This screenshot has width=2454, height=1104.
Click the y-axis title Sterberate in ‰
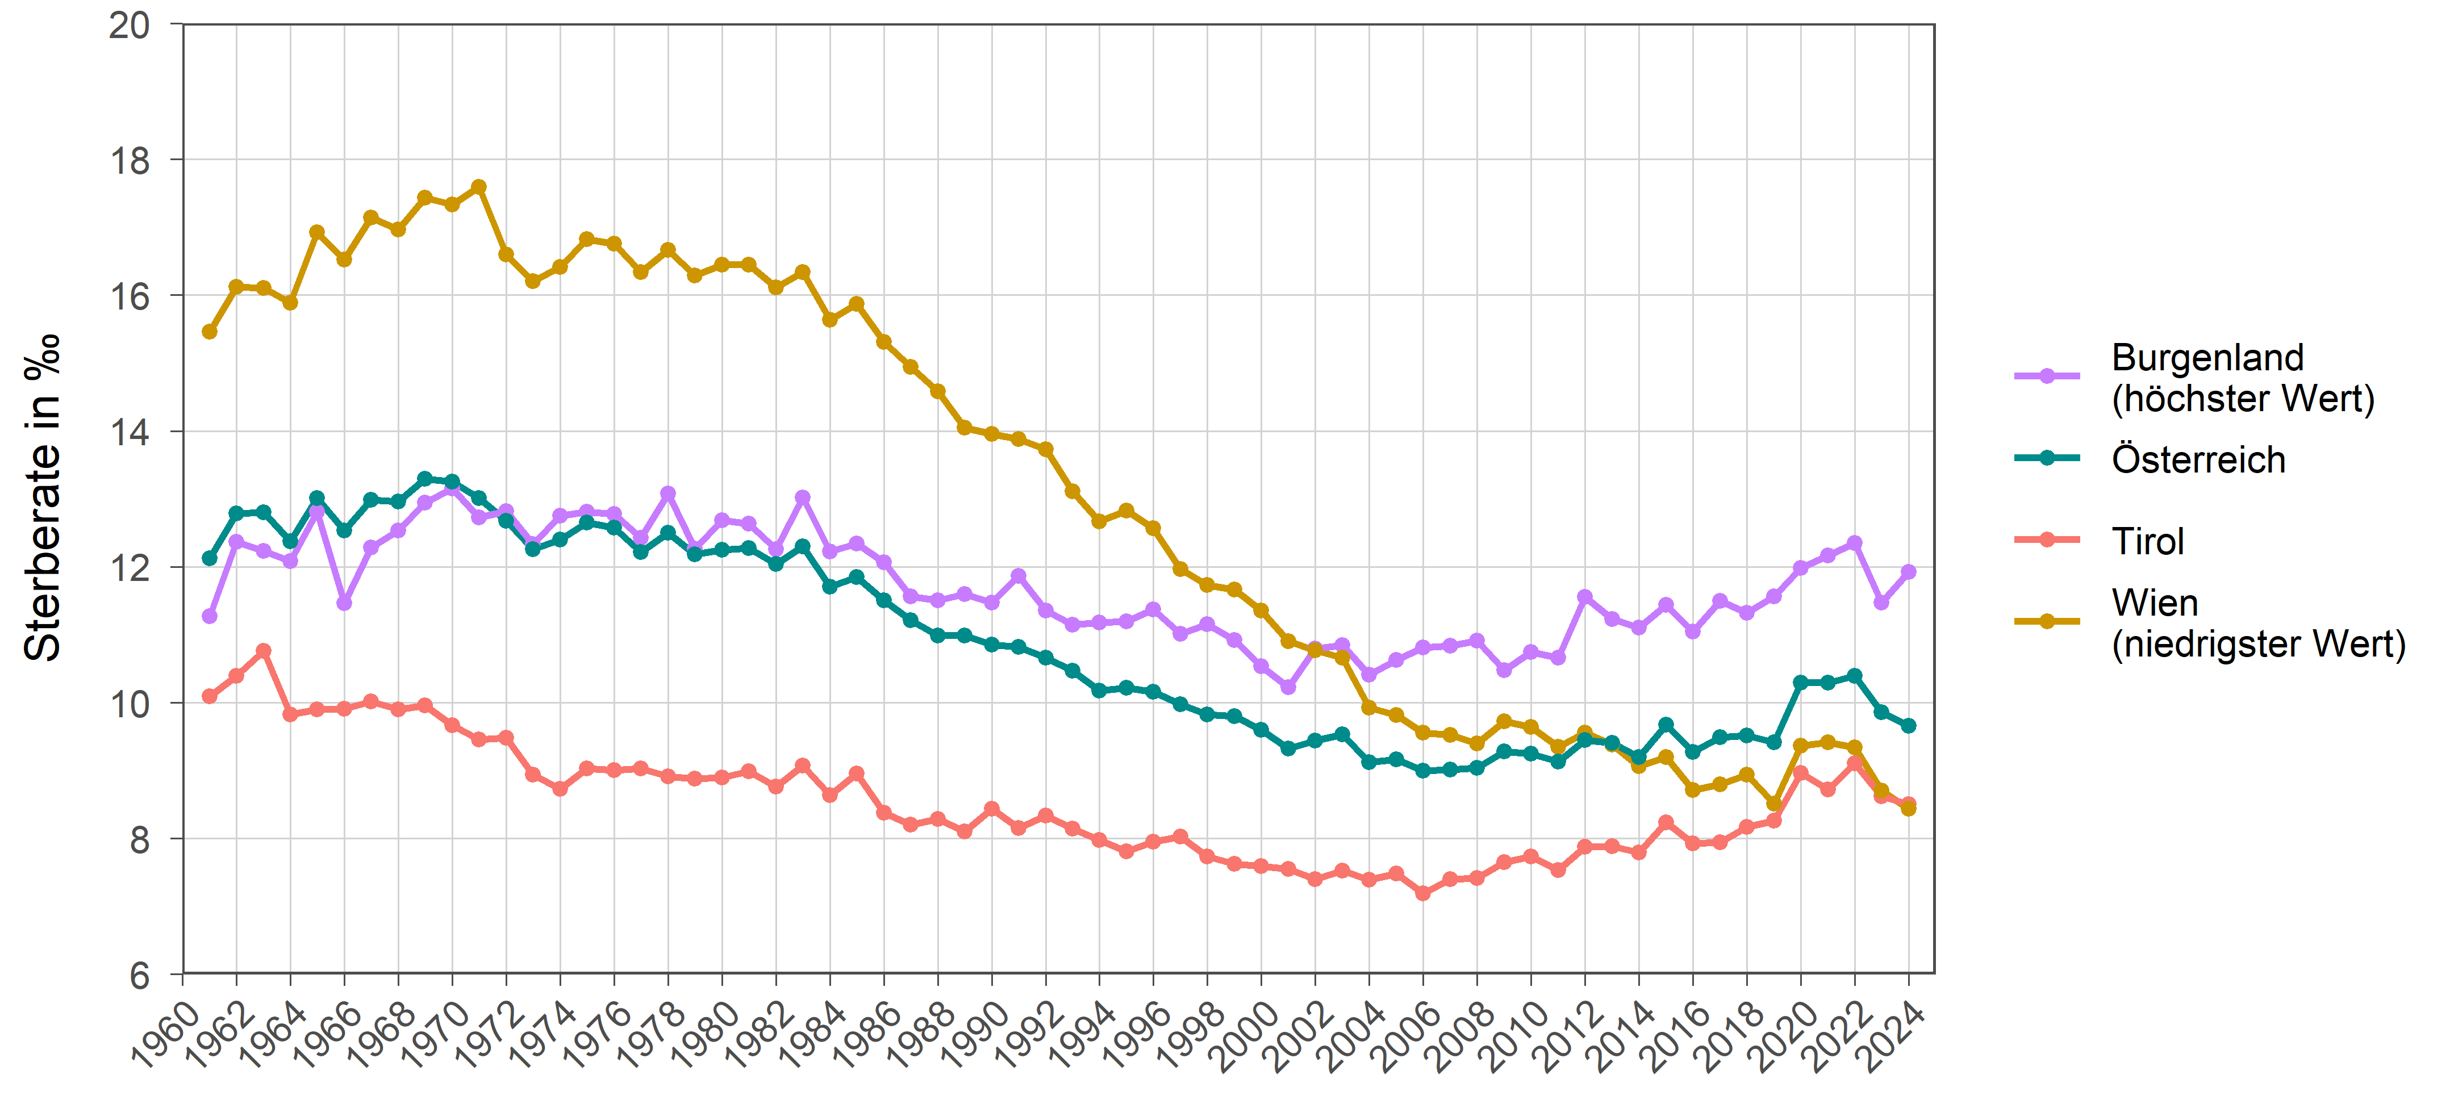pyautogui.click(x=43, y=497)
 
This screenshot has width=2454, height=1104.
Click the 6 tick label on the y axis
pyautogui.click(x=140, y=976)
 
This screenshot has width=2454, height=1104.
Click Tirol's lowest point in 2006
pyautogui.click(x=1423, y=893)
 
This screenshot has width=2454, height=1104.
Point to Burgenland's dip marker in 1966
pyautogui.click(x=344, y=603)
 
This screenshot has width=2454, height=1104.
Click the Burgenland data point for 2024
pyautogui.click(x=1908, y=571)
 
